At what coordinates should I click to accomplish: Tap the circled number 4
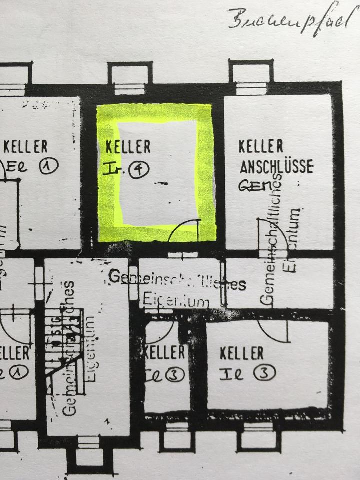[x=139, y=169]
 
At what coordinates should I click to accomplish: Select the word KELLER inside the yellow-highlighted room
[x=128, y=147]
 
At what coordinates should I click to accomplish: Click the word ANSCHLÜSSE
[x=276, y=166]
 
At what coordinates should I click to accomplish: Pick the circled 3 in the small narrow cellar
[x=175, y=375]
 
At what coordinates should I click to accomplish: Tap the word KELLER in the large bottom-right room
[x=241, y=353]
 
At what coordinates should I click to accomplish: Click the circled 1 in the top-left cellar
[x=50, y=165]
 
